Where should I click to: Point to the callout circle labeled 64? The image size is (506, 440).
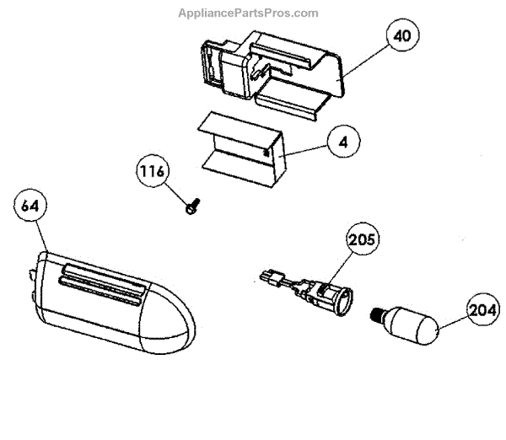coord(31,207)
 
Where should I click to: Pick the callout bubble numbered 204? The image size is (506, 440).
coord(478,309)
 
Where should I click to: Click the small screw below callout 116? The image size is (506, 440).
coord(190,205)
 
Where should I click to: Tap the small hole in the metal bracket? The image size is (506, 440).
coord(267,153)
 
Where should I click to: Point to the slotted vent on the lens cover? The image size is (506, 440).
coord(101,282)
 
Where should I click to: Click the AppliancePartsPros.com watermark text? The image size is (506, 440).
coord(248,13)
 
